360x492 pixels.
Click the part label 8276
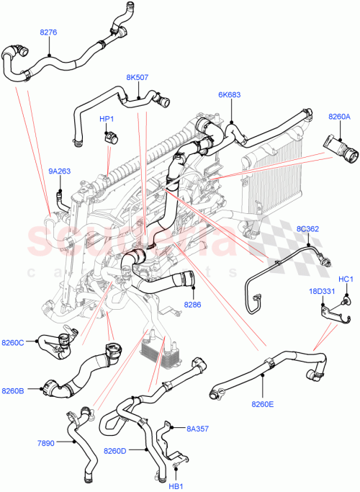pyautogui.click(x=48, y=32)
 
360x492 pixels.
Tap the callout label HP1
pyautogui.click(x=107, y=119)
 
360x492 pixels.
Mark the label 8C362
pyautogui.click(x=308, y=230)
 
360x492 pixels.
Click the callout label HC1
pyautogui.click(x=346, y=279)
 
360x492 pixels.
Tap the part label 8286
pyautogui.click(x=194, y=305)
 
